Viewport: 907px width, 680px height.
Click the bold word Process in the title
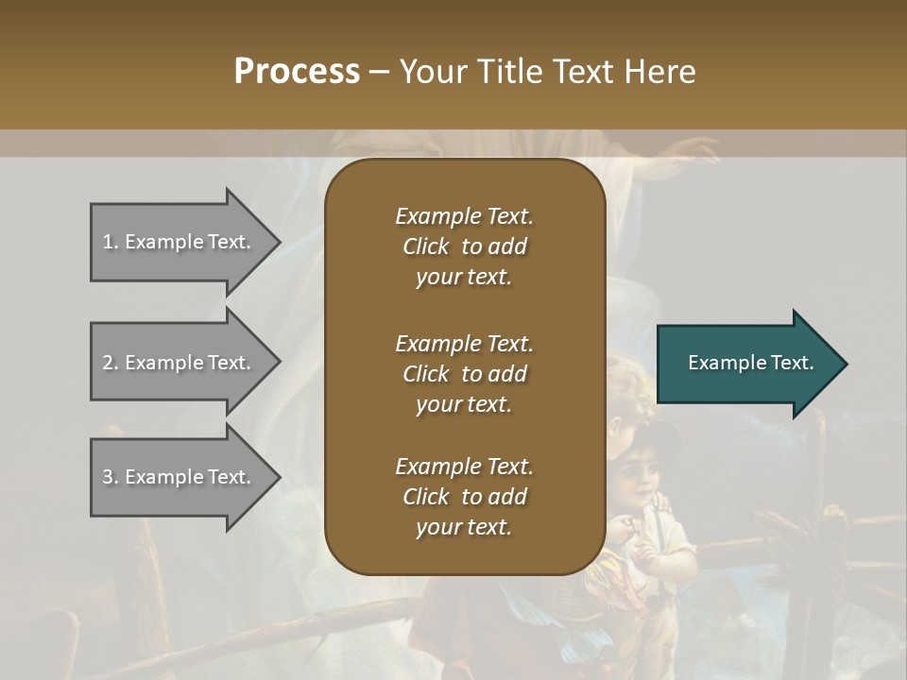pos(297,72)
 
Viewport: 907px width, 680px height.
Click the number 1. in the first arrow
pos(111,242)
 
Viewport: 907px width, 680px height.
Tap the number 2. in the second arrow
pos(111,363)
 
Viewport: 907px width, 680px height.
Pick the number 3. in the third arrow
pos(111,477)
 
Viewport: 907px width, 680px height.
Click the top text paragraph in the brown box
pos(464,246)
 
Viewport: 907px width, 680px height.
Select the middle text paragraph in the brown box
pos(464,374)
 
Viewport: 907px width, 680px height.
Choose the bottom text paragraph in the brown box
pos(464,497)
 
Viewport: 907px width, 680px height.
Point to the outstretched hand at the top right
pos(694,151)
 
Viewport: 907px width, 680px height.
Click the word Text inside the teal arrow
pos(792,363)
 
